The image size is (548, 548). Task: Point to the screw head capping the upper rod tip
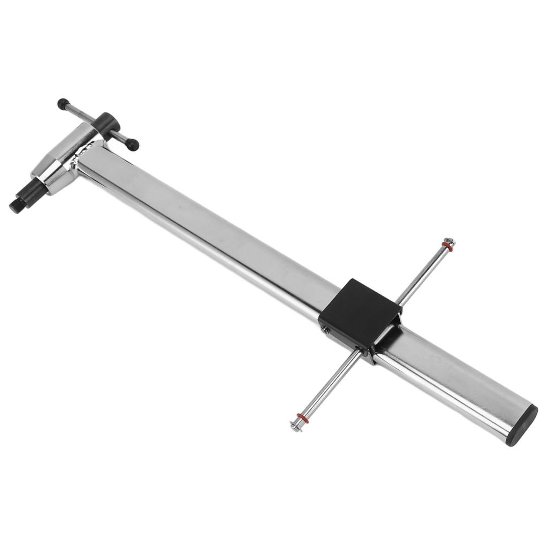point(450,242)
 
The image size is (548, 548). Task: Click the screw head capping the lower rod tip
point(295,426)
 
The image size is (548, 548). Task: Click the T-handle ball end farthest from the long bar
point(64,103)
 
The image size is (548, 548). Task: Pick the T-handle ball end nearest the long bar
point(133,144)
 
